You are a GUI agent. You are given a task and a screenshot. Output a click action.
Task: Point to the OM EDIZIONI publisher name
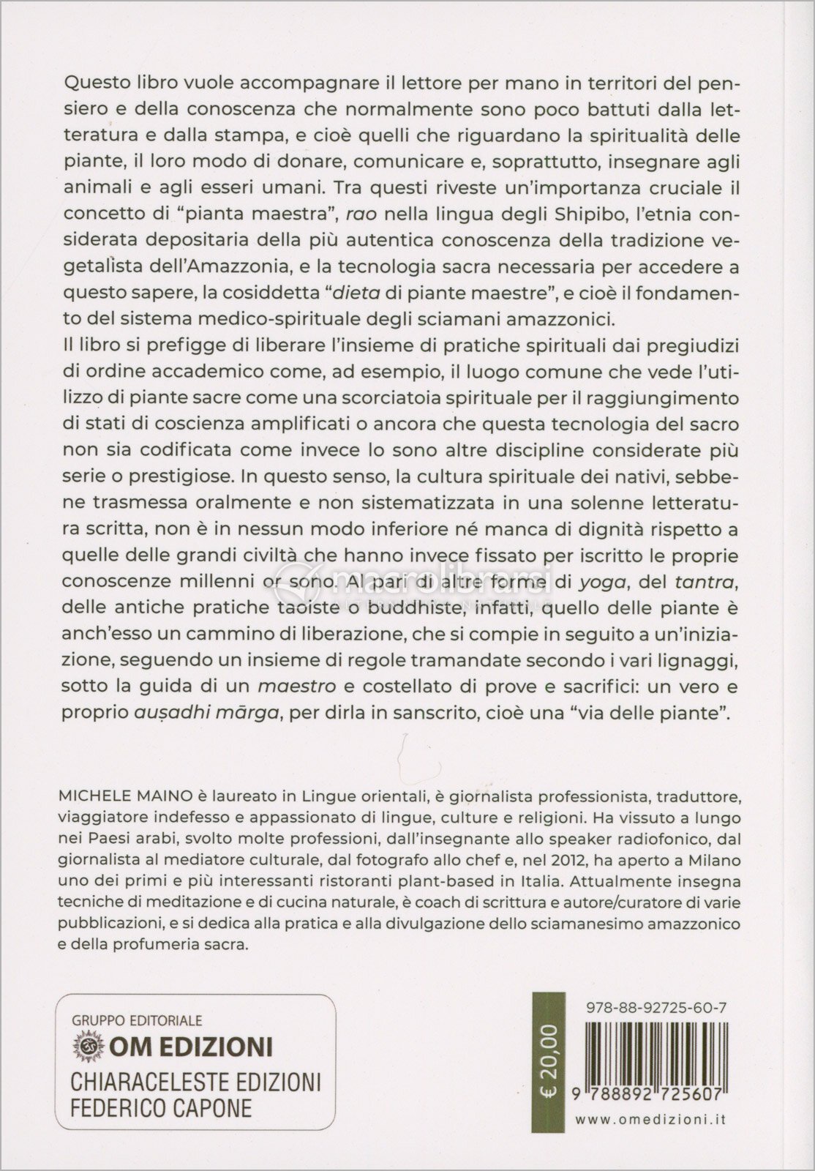pyautogui.click(x=191, y=1046)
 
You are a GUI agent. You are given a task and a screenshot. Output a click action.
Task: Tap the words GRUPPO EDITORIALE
pyautogui.click(x=137, y=1020)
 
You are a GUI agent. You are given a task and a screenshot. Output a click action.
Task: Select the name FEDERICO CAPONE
pyautogui.click(x=160, y=1107)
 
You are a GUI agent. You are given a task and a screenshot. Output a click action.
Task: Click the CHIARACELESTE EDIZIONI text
pyautogui.click(x=195, y=1081)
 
